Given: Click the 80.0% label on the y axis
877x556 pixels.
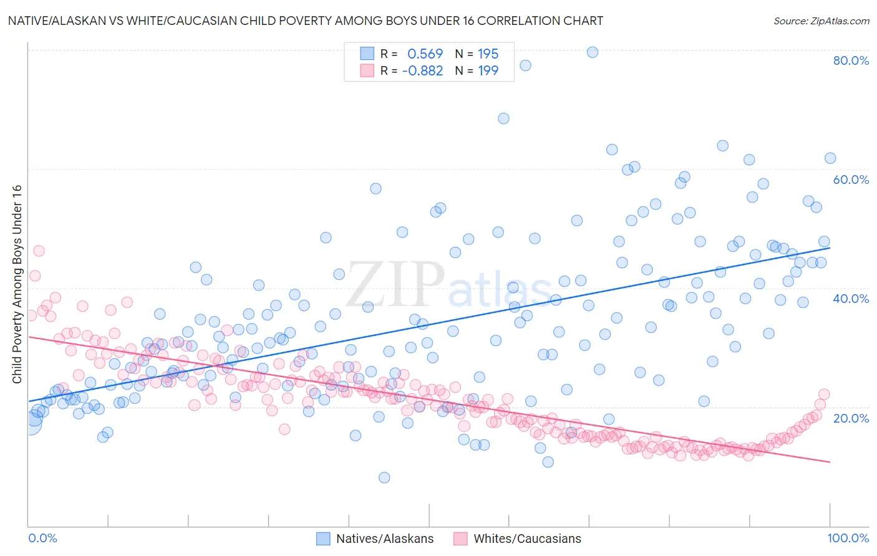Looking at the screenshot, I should [x=851, y=60].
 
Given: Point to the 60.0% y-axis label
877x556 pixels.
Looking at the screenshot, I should [x=851, y=180].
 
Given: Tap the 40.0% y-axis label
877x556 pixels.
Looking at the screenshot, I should [x=851, y=299].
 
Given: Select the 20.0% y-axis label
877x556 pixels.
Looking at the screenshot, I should [x=851, y=418].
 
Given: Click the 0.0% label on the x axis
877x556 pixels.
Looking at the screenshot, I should [x=43, y=538].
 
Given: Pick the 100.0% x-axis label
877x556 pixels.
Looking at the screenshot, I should [x=848, y=538].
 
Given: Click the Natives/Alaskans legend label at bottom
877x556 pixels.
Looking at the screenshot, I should [x=384, y=539].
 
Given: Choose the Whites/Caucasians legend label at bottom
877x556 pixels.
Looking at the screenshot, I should [x=527, y=539].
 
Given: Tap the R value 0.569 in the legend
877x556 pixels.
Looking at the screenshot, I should [x=425, y=54].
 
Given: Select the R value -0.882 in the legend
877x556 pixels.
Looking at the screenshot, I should [x=422, y=71].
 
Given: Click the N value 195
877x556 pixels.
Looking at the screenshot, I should [x=488, y=54].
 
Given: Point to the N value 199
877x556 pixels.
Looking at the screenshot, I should [x=488, y=71].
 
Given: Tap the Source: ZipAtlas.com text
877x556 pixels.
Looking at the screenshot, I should [x=821, y=21].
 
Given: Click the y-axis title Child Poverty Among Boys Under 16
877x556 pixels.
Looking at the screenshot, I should [x=17, y=284].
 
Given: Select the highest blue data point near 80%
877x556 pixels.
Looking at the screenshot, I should [x=593, y=52].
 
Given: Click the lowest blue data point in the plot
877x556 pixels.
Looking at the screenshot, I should [x=384, y=477].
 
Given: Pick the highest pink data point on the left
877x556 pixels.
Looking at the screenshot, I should [x=39, y=251].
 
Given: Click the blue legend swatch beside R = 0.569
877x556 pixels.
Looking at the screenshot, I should [x=367, y=54].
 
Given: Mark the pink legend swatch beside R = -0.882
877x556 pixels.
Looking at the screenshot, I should [x=367, y=71].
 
